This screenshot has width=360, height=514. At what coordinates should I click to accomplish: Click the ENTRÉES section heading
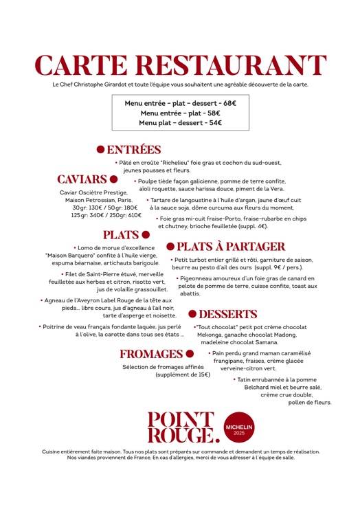[x=134, y=150]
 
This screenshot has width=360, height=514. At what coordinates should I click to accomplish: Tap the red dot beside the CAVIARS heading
[x=114, y=179]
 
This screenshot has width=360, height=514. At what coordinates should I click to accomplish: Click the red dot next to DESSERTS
[x=193, y=314]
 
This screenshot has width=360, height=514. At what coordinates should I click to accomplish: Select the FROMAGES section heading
[x=151, y=354]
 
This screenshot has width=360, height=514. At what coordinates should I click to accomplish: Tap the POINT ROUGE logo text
[x=180, y=426]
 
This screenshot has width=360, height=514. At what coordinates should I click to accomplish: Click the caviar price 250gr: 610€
[x=123, y=215]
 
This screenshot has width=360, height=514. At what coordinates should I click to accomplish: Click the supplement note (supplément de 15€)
[x=183, y=375]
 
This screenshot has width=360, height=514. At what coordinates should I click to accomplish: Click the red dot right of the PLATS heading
[x=146, y=234]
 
